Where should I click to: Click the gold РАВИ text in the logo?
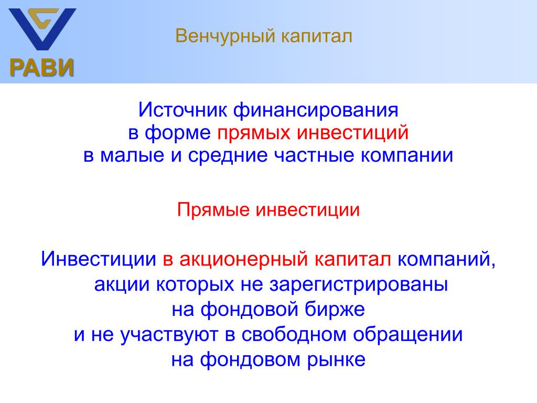point(42,67)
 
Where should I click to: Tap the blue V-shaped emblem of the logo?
point(42,29)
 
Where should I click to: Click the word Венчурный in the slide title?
point(225,36)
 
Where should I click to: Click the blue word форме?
point(177,133)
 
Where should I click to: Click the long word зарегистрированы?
point(359,285)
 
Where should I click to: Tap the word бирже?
point(335,309)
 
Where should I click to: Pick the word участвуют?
point(169,335)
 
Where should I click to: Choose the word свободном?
point(294,334)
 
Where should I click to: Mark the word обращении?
point(407,335)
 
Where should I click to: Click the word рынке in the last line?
point(336,360)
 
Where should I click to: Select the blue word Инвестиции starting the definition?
point(98,259)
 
